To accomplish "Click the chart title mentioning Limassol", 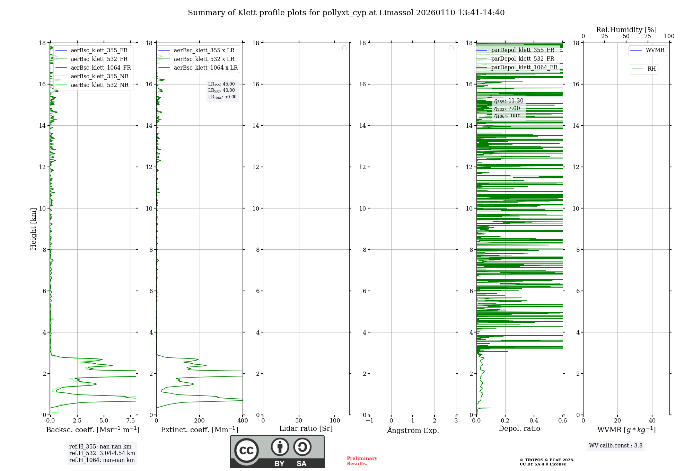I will coord(346,13).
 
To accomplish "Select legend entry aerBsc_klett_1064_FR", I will coord(100,68).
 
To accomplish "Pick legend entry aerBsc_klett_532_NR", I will coord(99,85).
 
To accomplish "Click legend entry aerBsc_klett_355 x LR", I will coord(204,51).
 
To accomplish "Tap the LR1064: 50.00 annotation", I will coord(222,97).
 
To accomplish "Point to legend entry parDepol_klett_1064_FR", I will coord(524,68).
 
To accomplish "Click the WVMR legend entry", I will coord(655,50).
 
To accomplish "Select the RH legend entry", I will coord(651,69).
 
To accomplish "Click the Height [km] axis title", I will coord(33,229).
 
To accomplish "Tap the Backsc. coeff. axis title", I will coord(93,430).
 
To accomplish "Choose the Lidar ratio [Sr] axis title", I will coord(306,429).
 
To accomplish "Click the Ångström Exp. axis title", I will coord(413,430).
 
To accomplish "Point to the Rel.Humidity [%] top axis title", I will coord(626,30).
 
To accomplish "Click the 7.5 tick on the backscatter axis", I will coord(131,421).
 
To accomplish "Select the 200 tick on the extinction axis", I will coord(200,421).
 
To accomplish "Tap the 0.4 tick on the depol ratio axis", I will coord(534,421).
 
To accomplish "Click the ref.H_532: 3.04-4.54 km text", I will coord(102,453).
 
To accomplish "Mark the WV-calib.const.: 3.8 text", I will coord(616,446).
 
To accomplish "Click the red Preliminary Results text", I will coord(362,461).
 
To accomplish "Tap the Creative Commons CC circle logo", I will coord(246,451).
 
